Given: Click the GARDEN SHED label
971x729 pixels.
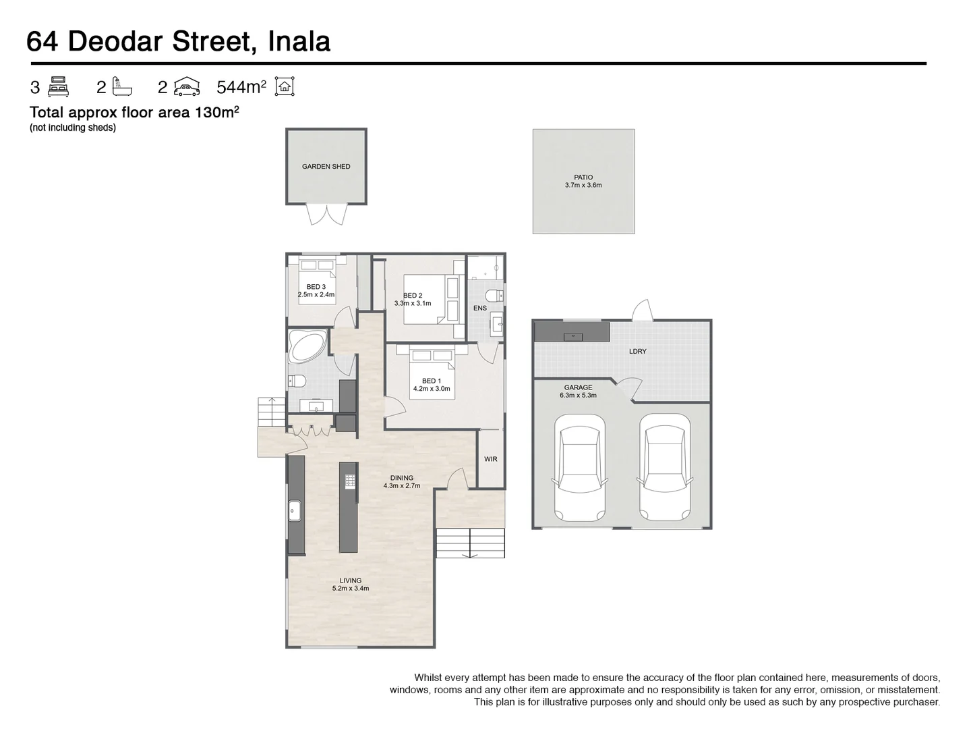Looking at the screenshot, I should tap(326, 166).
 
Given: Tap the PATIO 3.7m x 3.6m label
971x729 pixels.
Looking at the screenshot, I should tap(583, 181).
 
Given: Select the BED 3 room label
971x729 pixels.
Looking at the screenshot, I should tap(316, 291).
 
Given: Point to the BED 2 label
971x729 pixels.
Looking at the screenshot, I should tap(413, 299).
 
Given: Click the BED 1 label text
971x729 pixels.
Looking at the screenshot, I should tap(432, 385).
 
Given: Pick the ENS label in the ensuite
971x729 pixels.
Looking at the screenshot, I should tap(479, 308).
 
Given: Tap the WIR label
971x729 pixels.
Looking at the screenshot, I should tap(490, 459).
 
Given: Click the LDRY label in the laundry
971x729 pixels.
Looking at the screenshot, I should tap(637, 351).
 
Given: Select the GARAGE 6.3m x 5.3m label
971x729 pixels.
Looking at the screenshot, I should tap(578, 391).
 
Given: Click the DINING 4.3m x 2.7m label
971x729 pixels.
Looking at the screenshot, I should tap(402, 481).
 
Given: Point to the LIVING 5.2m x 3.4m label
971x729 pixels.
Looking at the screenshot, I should tap(351, 584).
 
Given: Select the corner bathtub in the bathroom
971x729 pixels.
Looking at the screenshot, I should tap(307, 347).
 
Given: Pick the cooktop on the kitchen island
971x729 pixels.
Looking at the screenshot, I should tap(349, 481).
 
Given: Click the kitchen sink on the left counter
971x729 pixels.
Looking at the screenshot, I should tap(295, 511).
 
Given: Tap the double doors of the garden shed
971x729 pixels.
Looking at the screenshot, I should tap(326, 215).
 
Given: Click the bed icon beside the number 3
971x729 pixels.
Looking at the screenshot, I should tap(59, 87).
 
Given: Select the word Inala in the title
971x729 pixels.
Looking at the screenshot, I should tap(299, 41).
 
